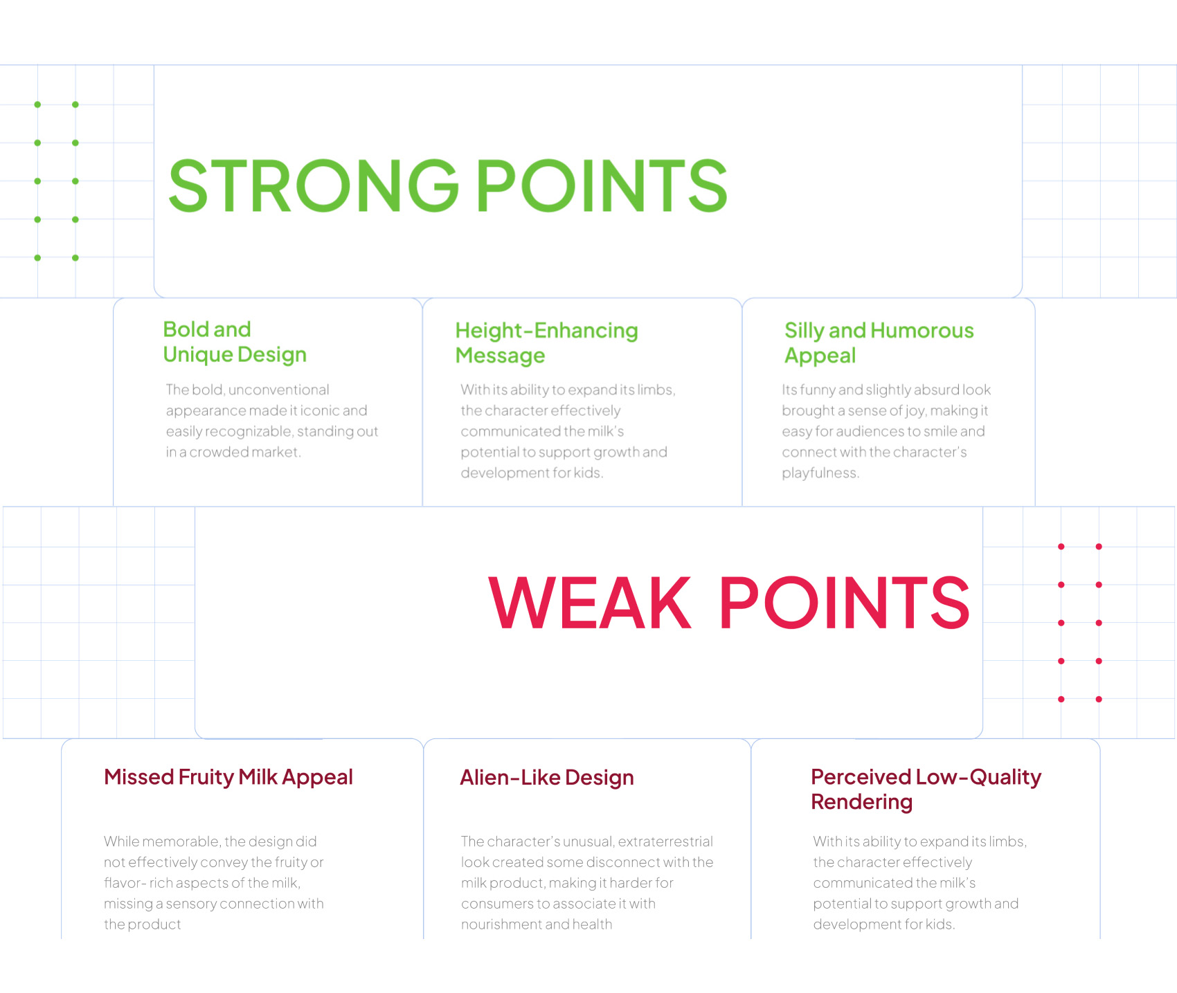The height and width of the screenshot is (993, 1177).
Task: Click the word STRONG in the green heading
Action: (314, 185)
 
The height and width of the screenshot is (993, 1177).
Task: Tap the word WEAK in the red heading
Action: (590, 603)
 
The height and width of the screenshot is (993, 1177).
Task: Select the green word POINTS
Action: (602, 185)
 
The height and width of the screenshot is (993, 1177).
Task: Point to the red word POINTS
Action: (845, 603)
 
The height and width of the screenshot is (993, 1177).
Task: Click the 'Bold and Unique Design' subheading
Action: (235, 342)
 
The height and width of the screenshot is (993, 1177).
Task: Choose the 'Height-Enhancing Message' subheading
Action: (546, 343)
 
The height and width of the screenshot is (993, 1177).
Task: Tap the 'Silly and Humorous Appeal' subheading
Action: (879, 343)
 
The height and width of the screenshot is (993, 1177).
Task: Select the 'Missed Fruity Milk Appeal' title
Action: (228, 777)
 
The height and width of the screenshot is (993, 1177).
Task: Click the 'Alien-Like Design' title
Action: (547, 778)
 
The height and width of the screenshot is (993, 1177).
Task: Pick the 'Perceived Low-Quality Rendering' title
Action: (926, 790)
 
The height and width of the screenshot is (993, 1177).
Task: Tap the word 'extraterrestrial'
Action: (665, 841)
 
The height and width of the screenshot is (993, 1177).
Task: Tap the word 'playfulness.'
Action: (820, 473)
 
